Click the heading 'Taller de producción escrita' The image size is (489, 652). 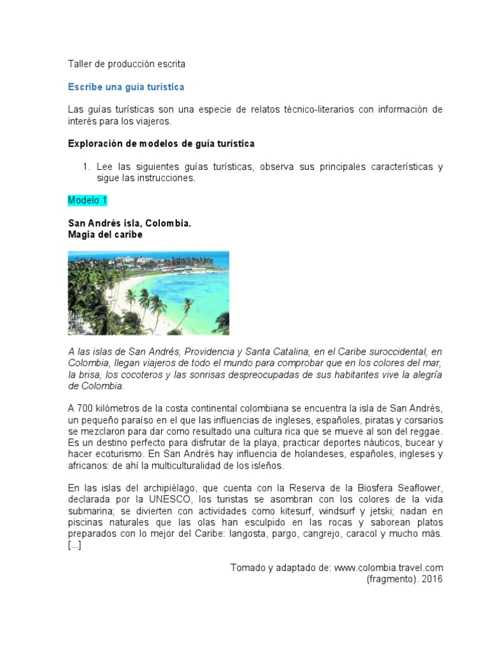(127, 64)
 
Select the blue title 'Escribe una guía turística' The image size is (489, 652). (126, 87)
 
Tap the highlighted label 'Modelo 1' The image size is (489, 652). (87, 200)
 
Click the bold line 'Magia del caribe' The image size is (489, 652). (105, 234)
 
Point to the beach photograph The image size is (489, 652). (148, 293)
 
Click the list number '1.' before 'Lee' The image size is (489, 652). (87, 167)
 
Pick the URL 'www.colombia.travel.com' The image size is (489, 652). (388, 567)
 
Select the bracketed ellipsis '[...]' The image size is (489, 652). (74, 545)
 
